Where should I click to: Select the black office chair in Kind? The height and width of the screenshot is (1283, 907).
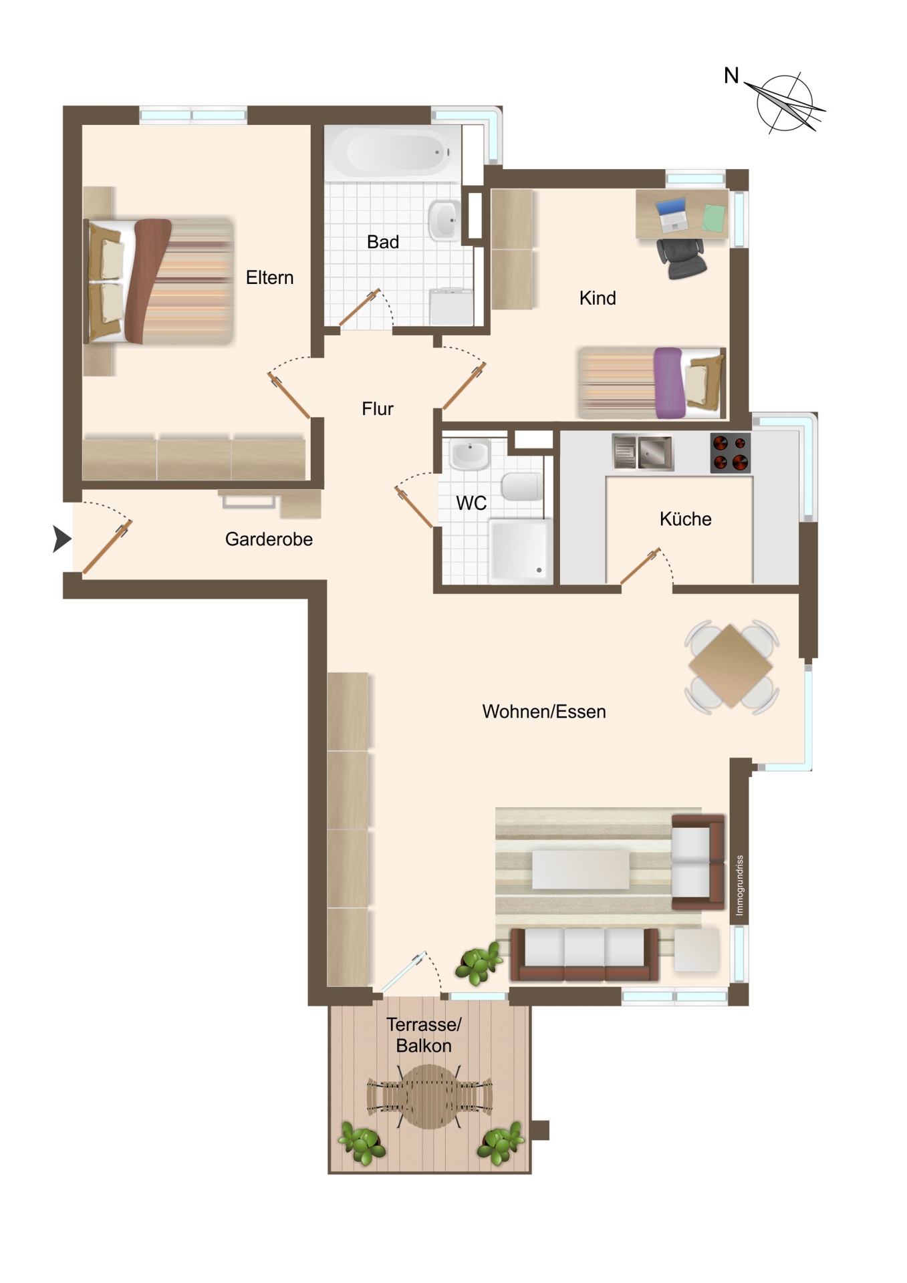[681, 258]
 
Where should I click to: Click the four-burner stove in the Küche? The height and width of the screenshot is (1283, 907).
[730, 453]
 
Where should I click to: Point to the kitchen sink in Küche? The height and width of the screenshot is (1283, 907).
[643, 452]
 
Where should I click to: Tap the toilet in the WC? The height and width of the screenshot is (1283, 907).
[522, 486]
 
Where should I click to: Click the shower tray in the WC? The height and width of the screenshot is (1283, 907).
[521, 551]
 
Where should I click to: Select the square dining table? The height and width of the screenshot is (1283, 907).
[731, 666]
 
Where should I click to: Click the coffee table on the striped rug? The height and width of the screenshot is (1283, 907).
[580, 869]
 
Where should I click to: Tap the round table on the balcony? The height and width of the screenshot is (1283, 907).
[429, 1097]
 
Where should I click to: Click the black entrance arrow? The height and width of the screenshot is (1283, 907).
[61, 539]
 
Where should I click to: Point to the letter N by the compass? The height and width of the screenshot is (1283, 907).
[731, 76]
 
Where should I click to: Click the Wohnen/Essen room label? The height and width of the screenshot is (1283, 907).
[544, 712]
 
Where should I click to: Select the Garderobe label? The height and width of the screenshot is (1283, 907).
[269, 539]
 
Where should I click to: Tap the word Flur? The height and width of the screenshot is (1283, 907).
[378, 408]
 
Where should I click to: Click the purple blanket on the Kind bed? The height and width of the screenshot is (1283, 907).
[669, 383]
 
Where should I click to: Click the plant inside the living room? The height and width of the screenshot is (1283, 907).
[478, 963]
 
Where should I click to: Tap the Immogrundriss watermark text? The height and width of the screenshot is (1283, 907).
[739, 885]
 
